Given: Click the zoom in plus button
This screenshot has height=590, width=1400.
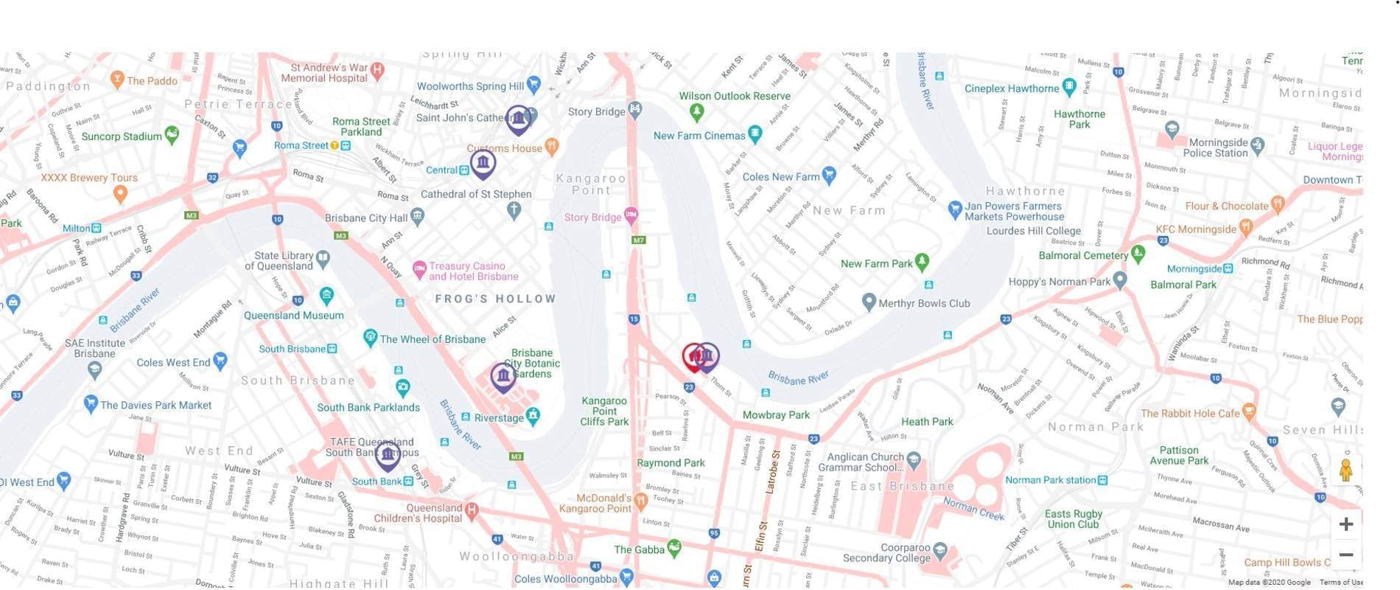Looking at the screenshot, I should [1345, 524].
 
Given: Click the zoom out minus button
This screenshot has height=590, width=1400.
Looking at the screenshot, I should [1345, 555].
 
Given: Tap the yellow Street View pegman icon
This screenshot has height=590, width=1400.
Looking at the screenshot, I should [1345, 471].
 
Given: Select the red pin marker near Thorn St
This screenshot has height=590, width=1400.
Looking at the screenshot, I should [691, 356].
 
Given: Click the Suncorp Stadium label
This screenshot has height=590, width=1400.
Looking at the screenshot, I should [122, 136].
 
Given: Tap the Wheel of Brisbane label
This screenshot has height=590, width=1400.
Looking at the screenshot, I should [433, 339].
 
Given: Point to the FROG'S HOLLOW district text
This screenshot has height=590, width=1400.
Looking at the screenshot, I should [495, 299].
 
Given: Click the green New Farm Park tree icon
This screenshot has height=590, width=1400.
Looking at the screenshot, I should [922, 262].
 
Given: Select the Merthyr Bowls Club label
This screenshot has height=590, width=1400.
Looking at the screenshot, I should [924, 303].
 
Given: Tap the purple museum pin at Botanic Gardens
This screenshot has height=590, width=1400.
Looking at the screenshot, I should [503, 376].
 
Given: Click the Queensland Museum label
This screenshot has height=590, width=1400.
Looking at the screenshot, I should [293, 315].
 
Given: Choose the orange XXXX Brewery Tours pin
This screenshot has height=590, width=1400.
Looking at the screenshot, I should [120, 194].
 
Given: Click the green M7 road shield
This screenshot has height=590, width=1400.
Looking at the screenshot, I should [638, 240].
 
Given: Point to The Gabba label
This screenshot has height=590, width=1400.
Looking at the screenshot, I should [639, 549].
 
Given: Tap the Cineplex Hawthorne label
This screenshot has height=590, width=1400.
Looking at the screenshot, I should [1011, 88].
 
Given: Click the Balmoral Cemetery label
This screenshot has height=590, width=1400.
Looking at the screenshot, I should [1082, 255].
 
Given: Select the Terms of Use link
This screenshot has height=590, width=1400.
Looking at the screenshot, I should [1346, 583].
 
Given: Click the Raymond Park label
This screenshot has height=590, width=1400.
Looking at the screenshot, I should [671, 463].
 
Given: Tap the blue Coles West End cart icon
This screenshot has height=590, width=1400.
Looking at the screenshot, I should [220, 361].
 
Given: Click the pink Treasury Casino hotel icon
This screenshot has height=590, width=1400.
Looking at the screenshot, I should [419, 269].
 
